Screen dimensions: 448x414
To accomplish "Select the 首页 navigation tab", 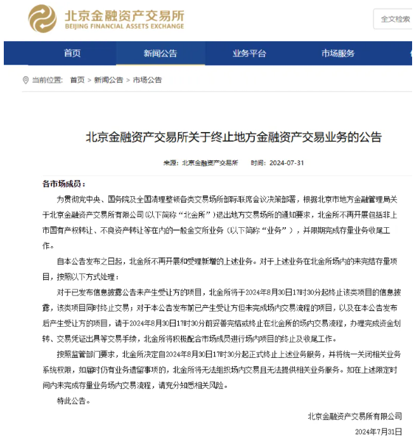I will (72, 53).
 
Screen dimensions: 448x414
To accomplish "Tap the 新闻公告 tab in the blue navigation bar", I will (160, 53).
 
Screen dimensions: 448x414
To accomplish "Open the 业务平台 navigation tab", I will (249, 53).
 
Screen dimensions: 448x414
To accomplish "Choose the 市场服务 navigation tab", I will (337, 53).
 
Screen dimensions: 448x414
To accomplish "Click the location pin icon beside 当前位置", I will (26, 80).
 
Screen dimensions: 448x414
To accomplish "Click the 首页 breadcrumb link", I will (77, 80).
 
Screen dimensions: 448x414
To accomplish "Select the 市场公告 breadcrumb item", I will (147, 80).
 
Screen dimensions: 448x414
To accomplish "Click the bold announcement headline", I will (234, 136).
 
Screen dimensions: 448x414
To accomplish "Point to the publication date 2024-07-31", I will (287, 163).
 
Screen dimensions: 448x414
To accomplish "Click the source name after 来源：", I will (210, 163).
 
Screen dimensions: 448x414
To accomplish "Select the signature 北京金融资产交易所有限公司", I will (354, 416).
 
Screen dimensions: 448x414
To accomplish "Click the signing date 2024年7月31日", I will (379, 432).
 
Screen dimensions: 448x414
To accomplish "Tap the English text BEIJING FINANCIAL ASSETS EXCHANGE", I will (124, 27).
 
